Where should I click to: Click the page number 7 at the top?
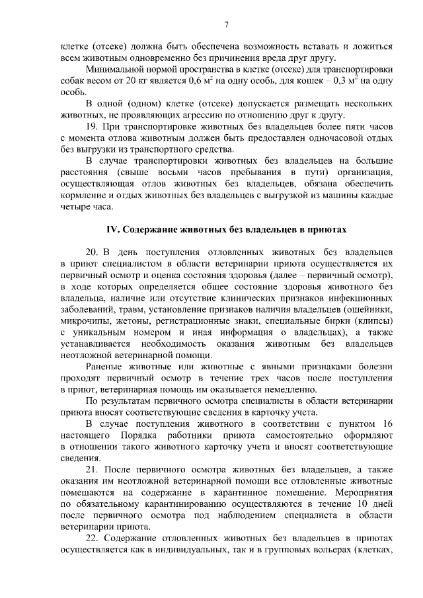click(x=226, y=26)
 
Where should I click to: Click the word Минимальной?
click(x=116, y=69)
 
